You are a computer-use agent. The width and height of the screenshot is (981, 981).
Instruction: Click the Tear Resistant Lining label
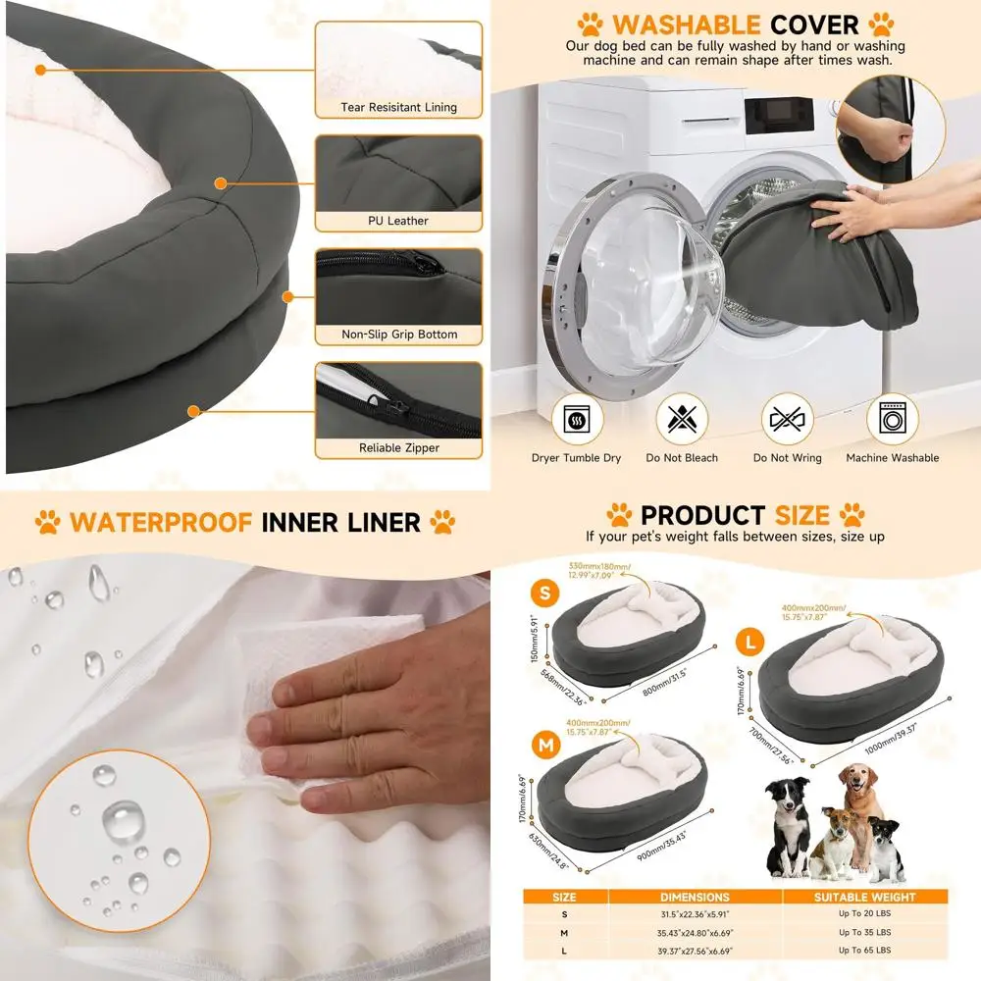pos(398,107)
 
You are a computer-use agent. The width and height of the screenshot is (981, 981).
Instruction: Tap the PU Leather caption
pos(398,221)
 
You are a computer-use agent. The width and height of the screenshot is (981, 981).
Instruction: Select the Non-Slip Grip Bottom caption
pos(398,335)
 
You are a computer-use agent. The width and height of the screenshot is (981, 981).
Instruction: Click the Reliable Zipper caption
pos(398,448)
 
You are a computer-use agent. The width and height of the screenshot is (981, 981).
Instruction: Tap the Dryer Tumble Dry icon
pos(576,420)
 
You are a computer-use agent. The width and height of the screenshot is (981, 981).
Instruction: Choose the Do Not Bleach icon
pos(681,420)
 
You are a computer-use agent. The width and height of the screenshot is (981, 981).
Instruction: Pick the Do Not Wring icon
pos(787,420)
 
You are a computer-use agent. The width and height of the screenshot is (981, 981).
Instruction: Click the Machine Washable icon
pos(893,420)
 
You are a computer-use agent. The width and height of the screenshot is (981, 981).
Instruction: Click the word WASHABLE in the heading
pos(686,25)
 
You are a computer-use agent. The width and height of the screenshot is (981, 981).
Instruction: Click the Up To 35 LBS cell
pos(864,932)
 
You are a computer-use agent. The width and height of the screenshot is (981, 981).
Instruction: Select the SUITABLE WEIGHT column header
pos(864,897)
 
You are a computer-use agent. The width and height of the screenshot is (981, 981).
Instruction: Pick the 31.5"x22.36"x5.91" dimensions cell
pos(695,914)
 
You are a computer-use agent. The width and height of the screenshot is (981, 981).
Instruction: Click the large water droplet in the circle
pos(123,819)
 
